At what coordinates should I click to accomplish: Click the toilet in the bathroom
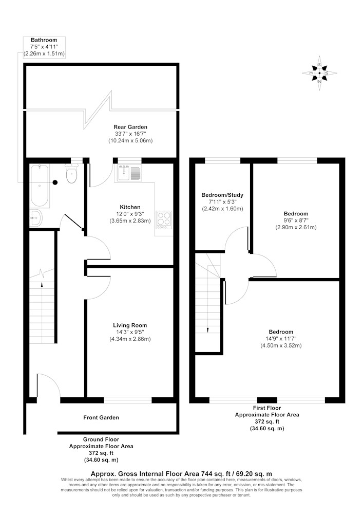click(x=72, y=173)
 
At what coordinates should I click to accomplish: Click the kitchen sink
click(x=129, y=173)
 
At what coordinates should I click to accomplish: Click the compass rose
click(x=319, y=73)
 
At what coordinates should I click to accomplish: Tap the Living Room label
click(x=130, y=325)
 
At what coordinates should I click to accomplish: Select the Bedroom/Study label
click(x=222, y=195)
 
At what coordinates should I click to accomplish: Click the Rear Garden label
click(x=130, y=127)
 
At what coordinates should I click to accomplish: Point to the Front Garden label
click(x=101, y=417)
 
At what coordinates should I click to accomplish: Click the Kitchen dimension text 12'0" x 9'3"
click(x=130, y=214)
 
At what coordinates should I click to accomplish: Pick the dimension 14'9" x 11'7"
click(x=281, y=338)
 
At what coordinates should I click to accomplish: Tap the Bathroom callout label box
click(x=44, y=47)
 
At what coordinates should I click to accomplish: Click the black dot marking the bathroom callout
click(x=55, y=182)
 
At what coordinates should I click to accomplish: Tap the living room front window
click(x=128, y=400)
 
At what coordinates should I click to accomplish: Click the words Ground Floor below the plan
click(x=101, y=439)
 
